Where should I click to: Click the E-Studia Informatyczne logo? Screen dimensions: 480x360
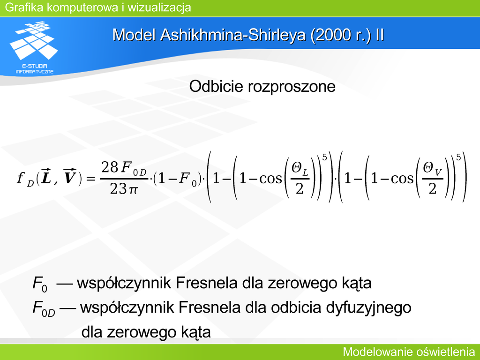point(34,47)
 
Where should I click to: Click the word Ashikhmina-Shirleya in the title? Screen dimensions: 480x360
point(233,35)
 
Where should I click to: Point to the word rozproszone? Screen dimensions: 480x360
point(292,87)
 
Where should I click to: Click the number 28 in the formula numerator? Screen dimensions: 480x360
point(110,167)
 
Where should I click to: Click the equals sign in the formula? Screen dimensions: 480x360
point(91,178)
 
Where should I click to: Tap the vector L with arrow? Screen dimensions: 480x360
point(46,177)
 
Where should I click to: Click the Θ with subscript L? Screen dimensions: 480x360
point(300,169)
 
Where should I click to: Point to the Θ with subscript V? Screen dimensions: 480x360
point(432,169)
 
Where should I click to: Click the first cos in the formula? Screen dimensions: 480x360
point(270,179)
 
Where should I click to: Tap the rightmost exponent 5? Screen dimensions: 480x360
point(458,157)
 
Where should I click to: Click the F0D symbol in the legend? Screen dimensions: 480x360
point(44,308)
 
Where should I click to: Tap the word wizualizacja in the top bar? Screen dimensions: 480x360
point(159,7)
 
